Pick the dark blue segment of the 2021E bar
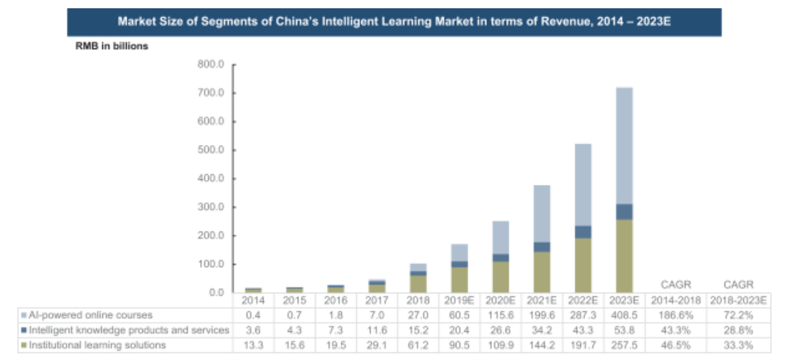tap(541, 246)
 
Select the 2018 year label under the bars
tap(417, 299)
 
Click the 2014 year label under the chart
tap(254, 299)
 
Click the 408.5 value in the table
tap(624, 315)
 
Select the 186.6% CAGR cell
tap(676, 315)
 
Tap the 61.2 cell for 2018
tap(417, 345)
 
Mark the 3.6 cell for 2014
tap(254, 330)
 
